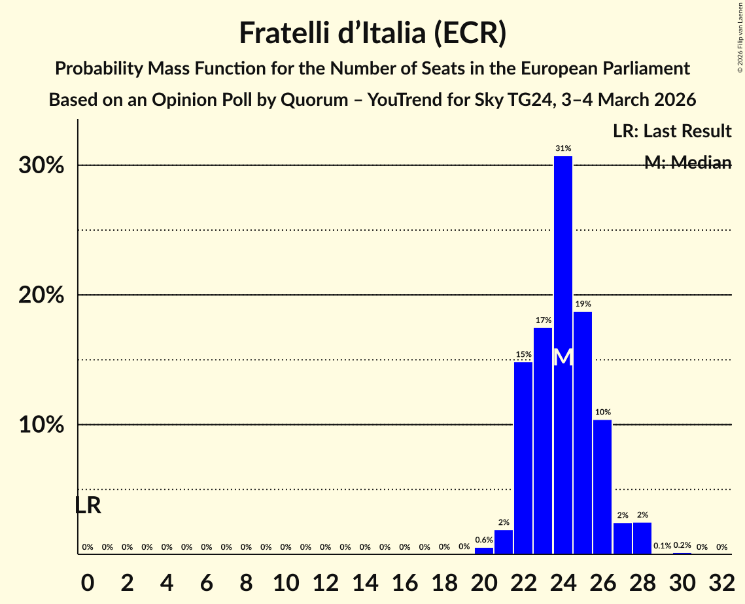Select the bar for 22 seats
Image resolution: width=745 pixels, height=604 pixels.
pos(523,458)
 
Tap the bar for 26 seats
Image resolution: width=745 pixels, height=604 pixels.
pos(602,487)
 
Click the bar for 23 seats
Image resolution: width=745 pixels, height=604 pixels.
pos(543,441)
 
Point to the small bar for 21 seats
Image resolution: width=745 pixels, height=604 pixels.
pos(504,543)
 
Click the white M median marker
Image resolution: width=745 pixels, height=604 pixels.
pos(563,358)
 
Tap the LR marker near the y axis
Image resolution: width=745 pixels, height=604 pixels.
pos(88,505)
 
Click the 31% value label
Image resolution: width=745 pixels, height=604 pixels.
pos(563,148)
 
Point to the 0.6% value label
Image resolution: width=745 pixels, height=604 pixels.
pos(484,540)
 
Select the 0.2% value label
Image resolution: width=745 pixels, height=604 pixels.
pos(682,545)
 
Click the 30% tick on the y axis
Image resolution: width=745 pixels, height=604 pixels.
pos(41,165)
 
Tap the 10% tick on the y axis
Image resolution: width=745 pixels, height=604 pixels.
pos(41,425)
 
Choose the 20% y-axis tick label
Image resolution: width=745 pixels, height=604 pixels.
pos(41,295)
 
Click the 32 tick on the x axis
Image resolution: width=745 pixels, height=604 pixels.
pos(721,580)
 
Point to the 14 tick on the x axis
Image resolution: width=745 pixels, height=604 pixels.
pos(365,580)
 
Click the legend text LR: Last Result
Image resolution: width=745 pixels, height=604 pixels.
pos(672,131)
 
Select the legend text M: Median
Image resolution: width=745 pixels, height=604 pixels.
pos(687,163)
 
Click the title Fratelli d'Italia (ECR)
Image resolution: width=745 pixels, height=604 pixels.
pos(372,33)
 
